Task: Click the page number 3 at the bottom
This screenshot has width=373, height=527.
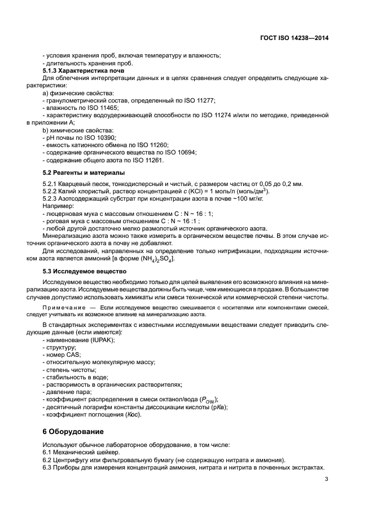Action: click(x=327, y=480)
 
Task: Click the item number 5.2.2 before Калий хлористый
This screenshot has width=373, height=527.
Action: click(x=51, y=192)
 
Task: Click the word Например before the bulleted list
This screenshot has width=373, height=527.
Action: click(x=59, y=207)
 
